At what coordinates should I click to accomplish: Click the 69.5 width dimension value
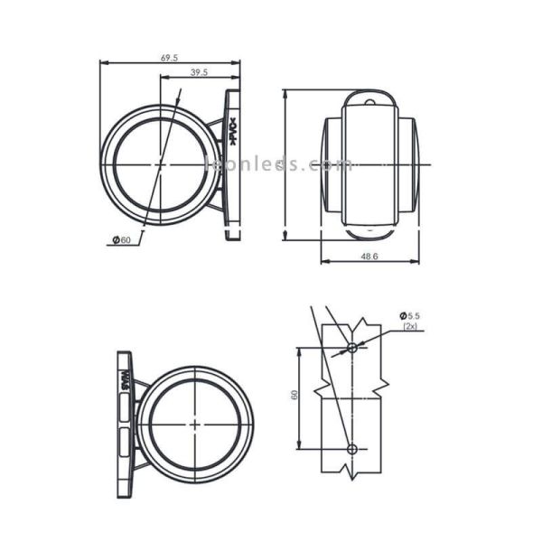pos(169,58)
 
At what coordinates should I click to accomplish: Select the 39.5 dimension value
pos(199,72)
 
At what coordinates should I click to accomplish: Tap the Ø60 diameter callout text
pos(122,240)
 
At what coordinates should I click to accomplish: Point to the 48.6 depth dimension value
pos(369,257)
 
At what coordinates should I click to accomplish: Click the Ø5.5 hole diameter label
pos(410,315)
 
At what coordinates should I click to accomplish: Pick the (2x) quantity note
pos(411,326)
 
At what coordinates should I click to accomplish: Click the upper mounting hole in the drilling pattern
pos(352,347)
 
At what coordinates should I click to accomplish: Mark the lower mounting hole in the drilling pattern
pos(352,449)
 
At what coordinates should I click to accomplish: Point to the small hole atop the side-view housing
pos(369,103)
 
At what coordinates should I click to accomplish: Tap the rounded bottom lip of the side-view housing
pos(369,233)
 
